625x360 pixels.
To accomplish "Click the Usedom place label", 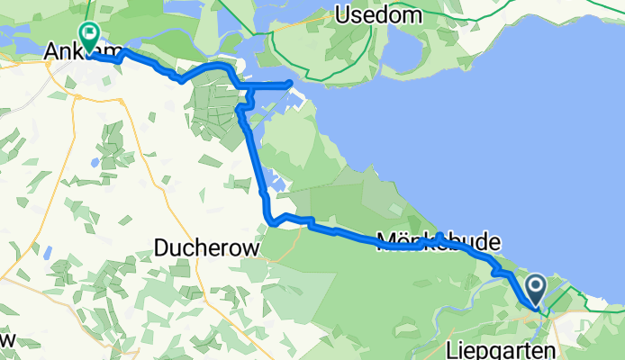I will (373, 14).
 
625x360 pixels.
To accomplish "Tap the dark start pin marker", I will (535, 291).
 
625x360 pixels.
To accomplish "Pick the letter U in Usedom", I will (342, 14).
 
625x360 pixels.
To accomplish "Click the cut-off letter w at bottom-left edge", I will (7, 340).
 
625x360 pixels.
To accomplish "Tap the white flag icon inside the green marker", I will (91, 33).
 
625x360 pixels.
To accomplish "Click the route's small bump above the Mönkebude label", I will (439, 237).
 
